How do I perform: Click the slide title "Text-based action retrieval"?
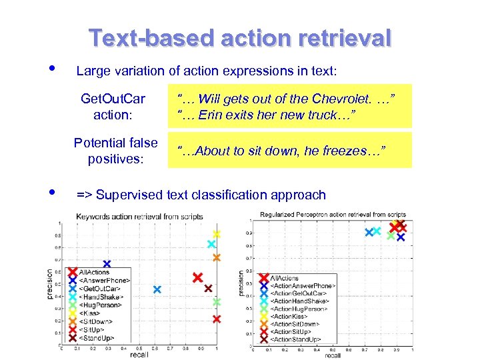coord(240,38)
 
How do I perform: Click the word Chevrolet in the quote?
coord(355,99)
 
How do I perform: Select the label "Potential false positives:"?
coord(115,151)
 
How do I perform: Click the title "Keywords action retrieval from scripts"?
coord(139,217)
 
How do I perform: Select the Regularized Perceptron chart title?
coord(333,215)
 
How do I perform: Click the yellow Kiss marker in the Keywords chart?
coord(217,235)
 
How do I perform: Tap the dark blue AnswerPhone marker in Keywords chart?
coord(107,265)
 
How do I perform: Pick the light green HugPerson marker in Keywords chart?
coord(216,302)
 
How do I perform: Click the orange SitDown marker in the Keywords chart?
coord(216,257)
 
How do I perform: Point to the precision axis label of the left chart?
coord(49,283)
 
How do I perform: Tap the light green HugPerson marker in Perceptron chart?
coord(391,235)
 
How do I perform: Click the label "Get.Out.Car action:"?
coord(113,107)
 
